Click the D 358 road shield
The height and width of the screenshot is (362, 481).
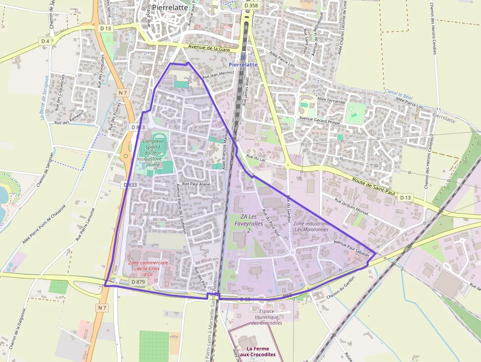point(250,5)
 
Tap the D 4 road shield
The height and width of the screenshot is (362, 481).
point(45,41)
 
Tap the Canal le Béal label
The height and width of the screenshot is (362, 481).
point(400,93)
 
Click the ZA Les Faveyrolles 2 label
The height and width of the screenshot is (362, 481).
point(249,223)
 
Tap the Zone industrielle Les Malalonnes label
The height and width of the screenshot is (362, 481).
point(312,226)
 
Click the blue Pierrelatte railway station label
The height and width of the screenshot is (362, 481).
point(243,64)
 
